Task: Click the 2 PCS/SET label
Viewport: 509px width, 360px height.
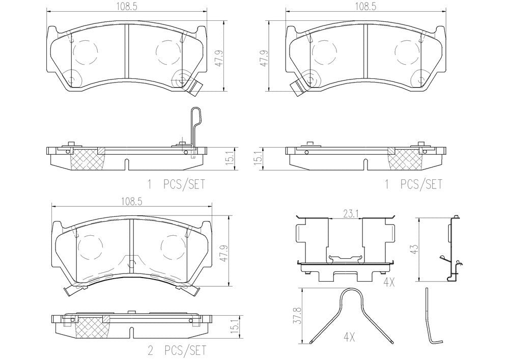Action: (177, 351)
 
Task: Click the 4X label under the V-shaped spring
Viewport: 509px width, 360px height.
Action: (349, 338)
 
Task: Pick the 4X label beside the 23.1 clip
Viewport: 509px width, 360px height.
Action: (389, 283)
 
